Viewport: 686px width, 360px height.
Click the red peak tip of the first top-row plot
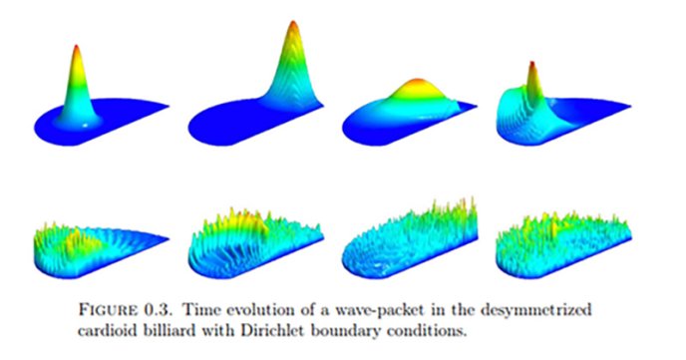tap(78, 47)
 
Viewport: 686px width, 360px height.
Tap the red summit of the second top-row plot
tap(292, 24)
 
